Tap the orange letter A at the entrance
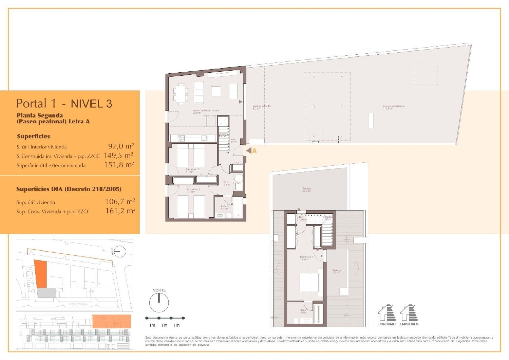254,151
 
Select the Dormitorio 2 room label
192,170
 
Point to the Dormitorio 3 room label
193,190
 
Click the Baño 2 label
225,207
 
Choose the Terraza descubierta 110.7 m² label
394,107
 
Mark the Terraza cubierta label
261,107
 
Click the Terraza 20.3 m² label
306,190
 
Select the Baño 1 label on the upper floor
304,311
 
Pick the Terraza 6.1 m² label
336,271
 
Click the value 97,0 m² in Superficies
121,146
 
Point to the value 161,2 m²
120,211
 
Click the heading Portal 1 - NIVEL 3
64,104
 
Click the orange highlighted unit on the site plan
40,274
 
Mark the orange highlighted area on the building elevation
111,321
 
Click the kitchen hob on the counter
181,138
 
